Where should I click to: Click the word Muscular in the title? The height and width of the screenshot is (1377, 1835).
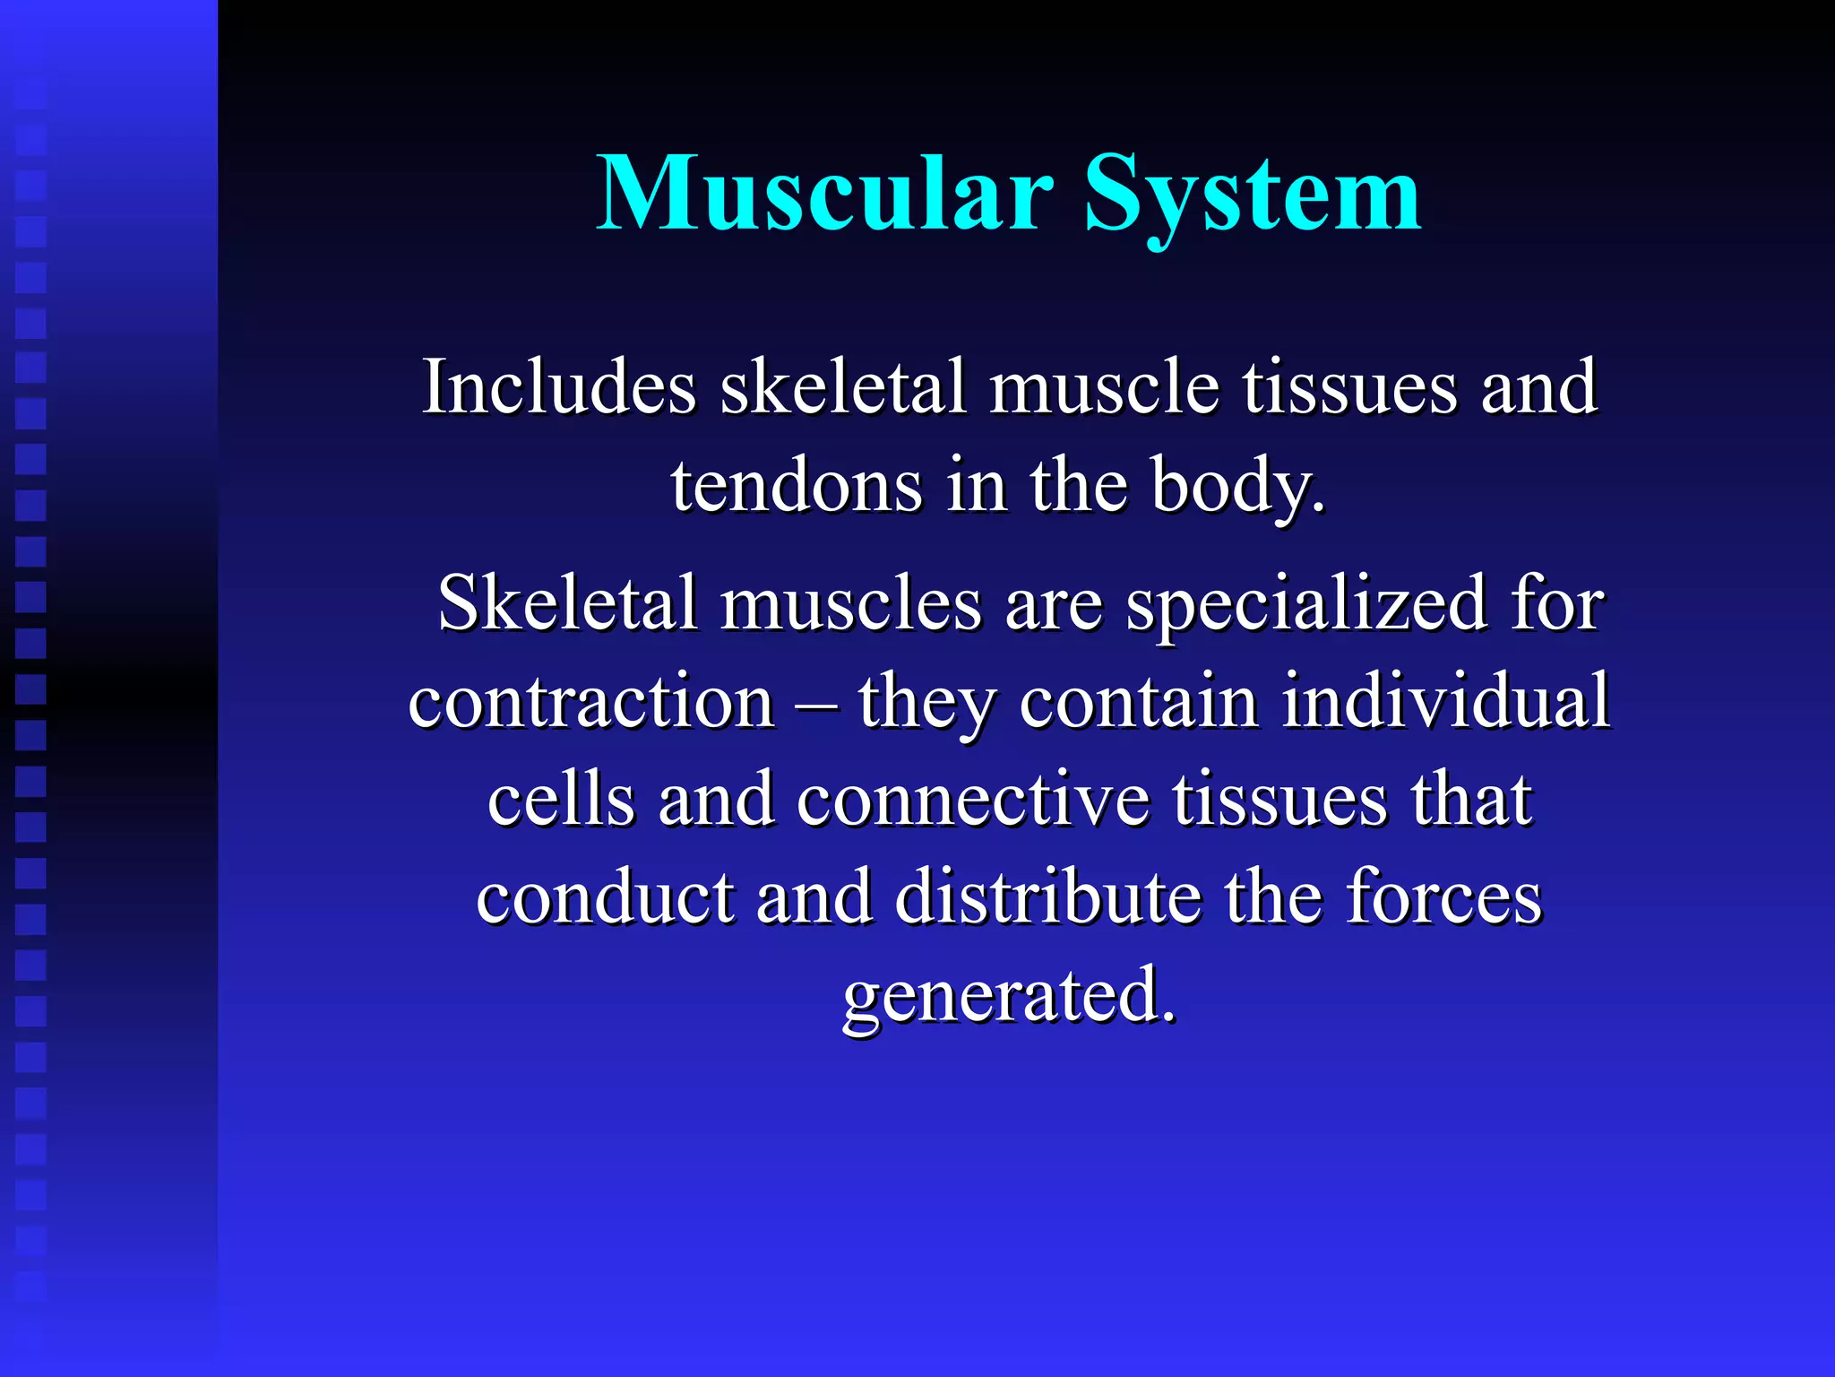click(824, 194)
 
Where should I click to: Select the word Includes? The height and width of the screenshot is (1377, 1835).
click(559, 387)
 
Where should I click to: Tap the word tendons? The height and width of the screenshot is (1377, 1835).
click(797, 486)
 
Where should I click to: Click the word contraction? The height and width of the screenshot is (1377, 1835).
click(591, 701)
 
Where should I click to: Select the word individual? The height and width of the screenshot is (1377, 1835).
click(1445, 701)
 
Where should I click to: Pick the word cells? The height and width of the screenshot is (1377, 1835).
click(562, 800)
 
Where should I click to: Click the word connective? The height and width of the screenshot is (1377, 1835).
click(973, 800)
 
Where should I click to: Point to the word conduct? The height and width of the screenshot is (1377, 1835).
click(605, 897)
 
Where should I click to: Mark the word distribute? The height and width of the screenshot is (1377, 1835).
click(1047, 897)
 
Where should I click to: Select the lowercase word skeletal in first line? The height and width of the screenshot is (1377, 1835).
click(843, 387)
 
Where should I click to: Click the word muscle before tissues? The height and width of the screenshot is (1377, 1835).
click(1104, 387)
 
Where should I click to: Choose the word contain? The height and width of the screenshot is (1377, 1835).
click(1139, 701)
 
